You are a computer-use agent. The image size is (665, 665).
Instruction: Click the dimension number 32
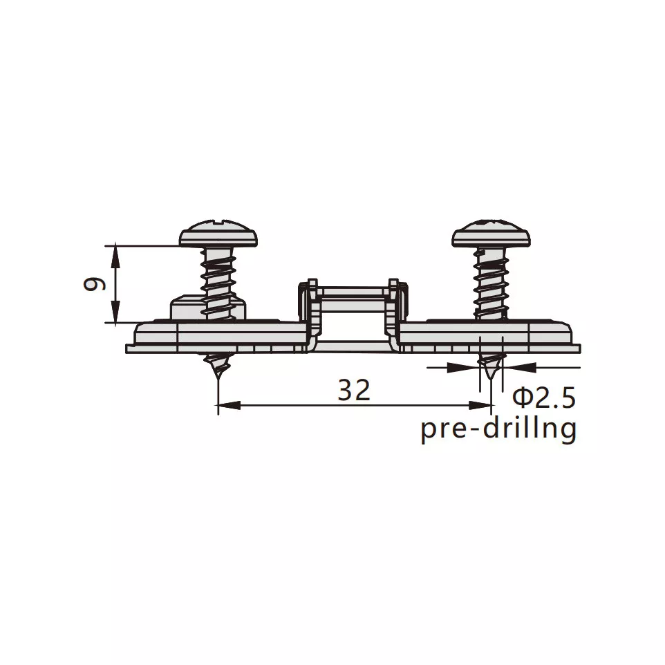354,391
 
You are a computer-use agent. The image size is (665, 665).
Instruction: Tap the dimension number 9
94,284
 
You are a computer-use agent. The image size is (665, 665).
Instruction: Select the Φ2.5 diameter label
544,397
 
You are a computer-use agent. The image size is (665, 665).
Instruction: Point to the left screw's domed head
218,233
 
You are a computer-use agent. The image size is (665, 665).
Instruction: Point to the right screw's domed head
491,233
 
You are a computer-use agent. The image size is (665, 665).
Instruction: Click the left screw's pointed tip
218,377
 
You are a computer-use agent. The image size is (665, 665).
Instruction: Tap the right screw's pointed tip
491,377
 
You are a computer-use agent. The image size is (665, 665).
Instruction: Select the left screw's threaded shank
218,283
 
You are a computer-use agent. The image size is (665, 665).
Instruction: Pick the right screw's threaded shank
491,283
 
